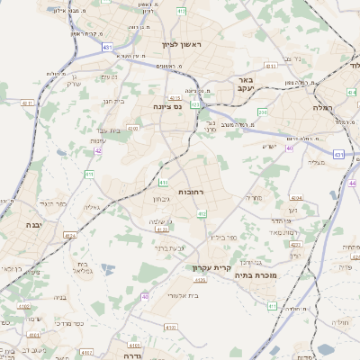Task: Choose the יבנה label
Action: click(x=34, y=224)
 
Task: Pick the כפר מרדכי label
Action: click(x=70, y=321)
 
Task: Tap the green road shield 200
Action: click(x=263, y=112)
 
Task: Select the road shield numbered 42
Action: click(x=96, y=150)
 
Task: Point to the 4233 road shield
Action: click(x=295, y=244)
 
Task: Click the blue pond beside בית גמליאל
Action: click(x=108, y=268)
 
